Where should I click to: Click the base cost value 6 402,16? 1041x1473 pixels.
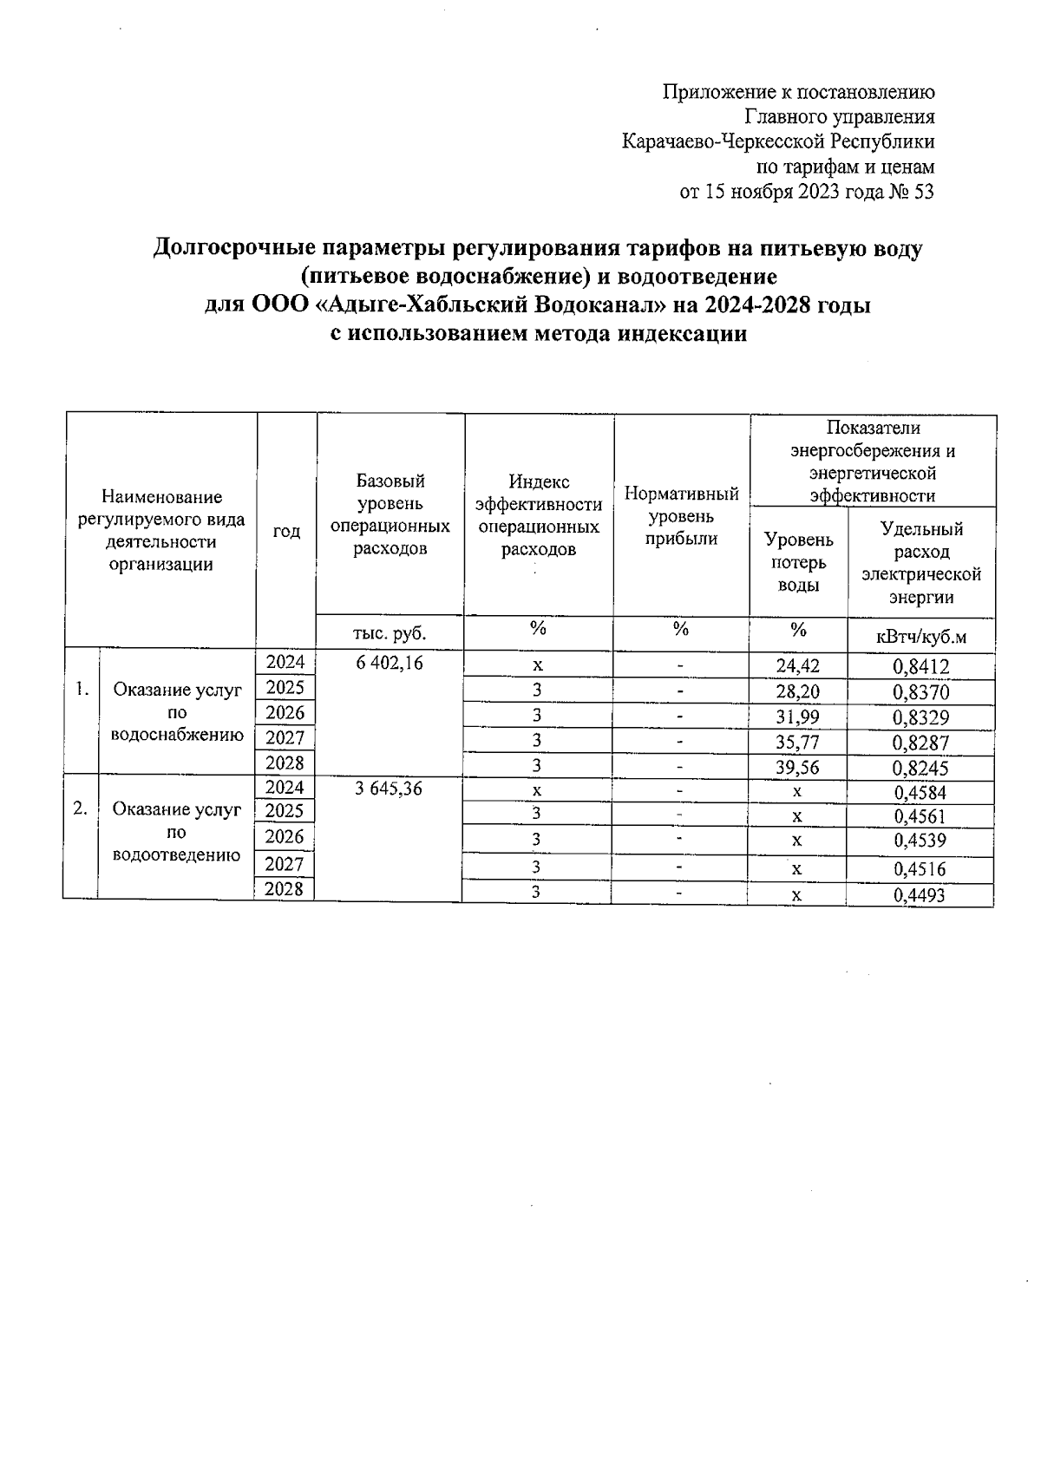[389, 663]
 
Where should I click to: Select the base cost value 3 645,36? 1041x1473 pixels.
[389, 789]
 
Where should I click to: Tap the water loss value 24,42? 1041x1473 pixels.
[798, 666]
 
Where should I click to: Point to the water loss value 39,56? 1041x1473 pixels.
[798, 767]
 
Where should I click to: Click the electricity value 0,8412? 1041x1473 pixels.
[920, 667]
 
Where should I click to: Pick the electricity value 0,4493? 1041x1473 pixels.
[920, 896]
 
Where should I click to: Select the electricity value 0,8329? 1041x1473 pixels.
[920, 717]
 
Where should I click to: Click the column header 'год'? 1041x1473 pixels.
[286, 531]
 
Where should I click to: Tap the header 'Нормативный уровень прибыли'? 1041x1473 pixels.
[682, 516]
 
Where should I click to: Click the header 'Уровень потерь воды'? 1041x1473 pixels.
[798, 562]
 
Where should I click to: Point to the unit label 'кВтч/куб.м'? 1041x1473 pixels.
[920, 638]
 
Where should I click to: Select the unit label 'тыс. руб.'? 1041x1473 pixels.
[390, 632]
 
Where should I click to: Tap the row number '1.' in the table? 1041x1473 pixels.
[82, 691]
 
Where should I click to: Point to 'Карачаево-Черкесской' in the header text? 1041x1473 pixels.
[724, 141]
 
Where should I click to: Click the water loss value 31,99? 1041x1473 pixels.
[798, 717]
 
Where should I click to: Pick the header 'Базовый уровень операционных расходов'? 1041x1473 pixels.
[390, 514]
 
